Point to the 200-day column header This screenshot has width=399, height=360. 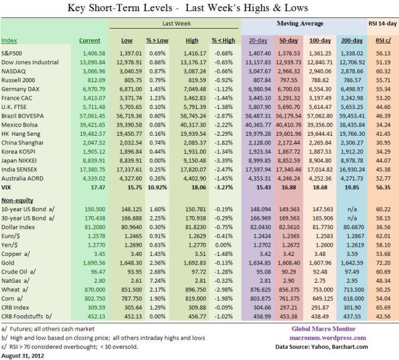pyautogui.click(x=353, y=41)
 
